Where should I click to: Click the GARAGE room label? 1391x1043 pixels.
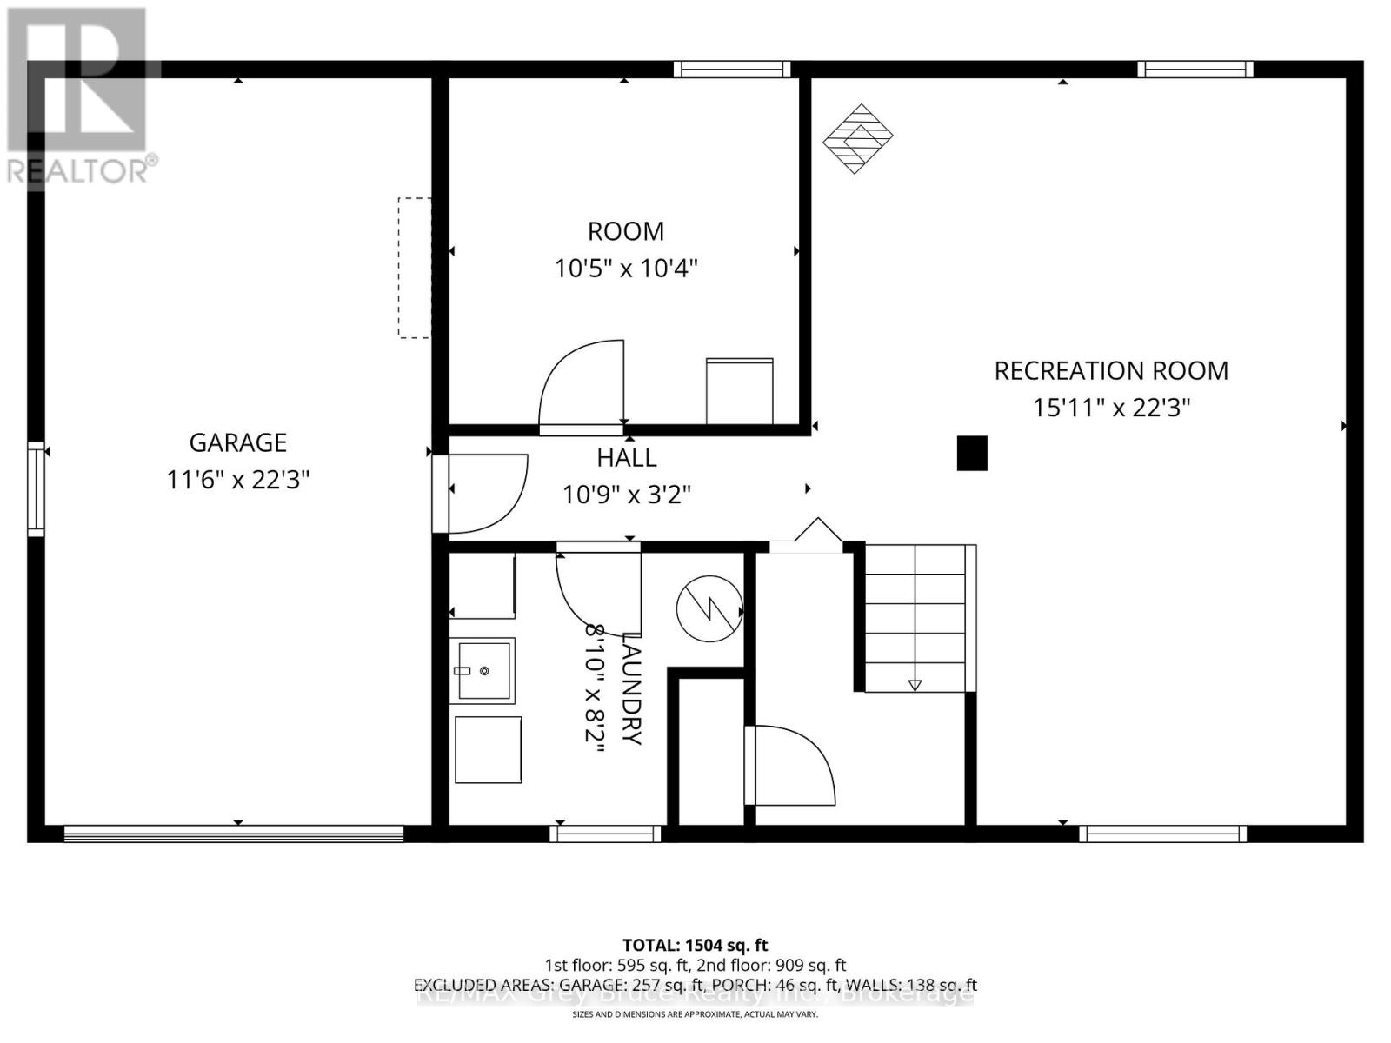coord(237,442)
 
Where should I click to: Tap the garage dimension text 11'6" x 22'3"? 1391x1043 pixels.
coord(237,479)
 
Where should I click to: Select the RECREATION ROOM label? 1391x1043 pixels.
coord(1110,371)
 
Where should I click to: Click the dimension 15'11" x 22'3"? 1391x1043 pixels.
coord(1110,408)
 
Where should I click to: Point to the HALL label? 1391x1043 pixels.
coord(626,457)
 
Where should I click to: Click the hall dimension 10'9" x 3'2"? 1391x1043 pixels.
coord(626,495)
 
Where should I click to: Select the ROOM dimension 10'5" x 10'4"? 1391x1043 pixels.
coord(626,268)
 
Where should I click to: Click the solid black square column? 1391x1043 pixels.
coord(972,453)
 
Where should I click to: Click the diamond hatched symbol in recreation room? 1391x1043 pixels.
coord(858,138)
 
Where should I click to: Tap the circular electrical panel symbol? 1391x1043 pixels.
coord(709,608)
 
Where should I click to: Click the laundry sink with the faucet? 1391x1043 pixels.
coord(483,669)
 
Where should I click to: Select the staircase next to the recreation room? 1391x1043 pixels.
coord(915,618)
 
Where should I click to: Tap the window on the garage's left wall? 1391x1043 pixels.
coord(36,488)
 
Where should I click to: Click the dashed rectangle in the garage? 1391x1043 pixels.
coord(415,268)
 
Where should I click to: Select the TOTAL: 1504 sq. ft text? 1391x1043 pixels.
coord(695,945)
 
